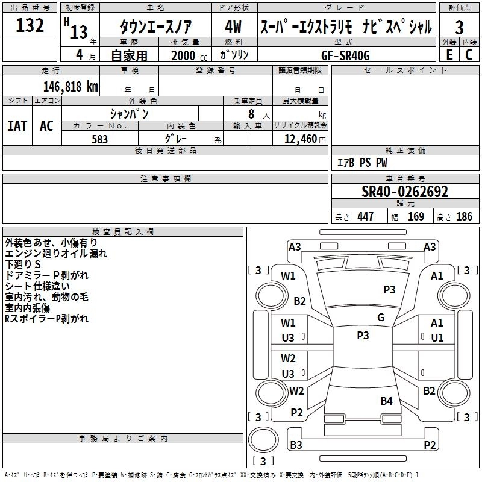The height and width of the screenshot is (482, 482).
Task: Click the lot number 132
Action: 30,26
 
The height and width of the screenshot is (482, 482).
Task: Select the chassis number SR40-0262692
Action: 405,192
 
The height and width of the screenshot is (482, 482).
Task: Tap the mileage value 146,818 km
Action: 70,86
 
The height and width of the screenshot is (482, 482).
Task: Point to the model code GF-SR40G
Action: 346,54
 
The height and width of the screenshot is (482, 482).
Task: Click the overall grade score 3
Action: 459,27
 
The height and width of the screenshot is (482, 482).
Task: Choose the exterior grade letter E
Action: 449,54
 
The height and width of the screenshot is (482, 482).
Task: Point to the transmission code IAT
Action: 17,126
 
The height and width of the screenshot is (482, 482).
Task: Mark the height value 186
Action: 464,217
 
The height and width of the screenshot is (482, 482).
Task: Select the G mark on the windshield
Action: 380,318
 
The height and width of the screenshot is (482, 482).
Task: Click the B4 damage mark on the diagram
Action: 386,401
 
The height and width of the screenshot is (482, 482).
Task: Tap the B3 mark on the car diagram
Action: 296,445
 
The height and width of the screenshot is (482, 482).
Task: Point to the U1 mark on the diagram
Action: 437,337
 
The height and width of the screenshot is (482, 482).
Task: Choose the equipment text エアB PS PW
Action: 361,163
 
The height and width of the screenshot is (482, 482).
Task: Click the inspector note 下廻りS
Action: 23,264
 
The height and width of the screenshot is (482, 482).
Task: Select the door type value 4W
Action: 233,27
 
